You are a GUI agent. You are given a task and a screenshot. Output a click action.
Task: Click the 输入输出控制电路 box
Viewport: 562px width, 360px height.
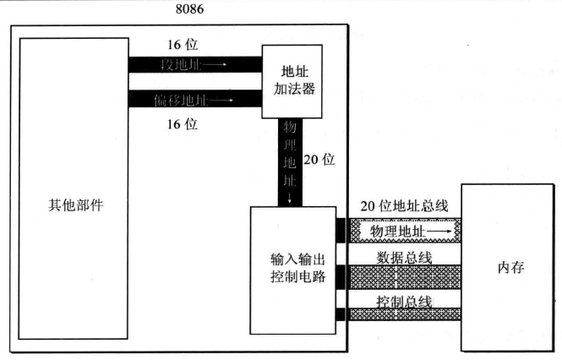pos(292,268)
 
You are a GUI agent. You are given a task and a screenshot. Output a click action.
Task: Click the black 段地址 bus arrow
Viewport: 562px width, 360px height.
pos(195,63)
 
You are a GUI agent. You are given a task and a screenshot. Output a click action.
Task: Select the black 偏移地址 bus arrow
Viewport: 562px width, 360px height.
pos(195,99)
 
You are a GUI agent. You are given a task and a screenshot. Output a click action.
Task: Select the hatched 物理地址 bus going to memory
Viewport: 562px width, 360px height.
pos(405,228)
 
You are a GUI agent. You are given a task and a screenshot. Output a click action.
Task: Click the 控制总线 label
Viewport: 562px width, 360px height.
pos(404,302)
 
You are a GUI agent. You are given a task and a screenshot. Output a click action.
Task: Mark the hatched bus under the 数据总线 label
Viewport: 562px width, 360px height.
pos(405,275)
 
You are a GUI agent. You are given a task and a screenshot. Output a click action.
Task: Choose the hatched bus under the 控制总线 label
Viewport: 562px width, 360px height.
pos(405,314)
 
